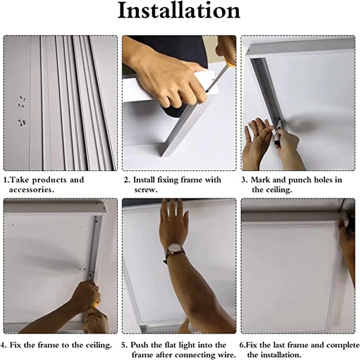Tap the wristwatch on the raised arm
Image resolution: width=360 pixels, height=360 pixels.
[x=174, y=251]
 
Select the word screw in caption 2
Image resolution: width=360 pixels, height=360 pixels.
[x=146, y=189]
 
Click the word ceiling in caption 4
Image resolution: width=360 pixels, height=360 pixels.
[x=96, y=344]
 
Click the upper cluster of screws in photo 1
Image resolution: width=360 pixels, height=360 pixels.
[x=22, y=101]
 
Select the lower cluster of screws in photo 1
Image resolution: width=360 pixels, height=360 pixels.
[x=22, y=122]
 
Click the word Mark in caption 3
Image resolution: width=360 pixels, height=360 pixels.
[x=261, y=180]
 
